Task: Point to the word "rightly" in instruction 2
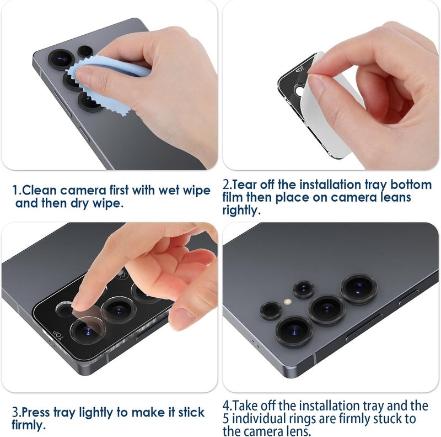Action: coord(241,210)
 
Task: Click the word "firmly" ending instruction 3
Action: coord(29,425)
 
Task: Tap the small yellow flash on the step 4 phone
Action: coord(287,302)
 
